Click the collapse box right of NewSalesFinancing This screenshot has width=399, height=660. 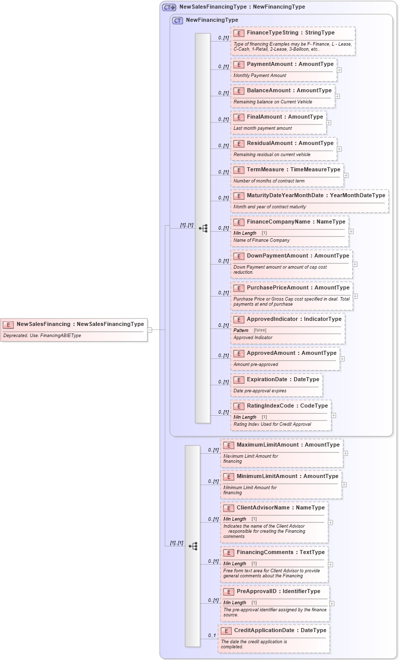[150, 329]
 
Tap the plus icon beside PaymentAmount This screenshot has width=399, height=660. [339, 70]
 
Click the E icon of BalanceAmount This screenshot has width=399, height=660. [239, 91]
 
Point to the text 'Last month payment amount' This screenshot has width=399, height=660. [263, 128]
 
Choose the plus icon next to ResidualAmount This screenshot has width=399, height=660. [339, 149]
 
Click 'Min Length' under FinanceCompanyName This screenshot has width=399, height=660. [245, 233]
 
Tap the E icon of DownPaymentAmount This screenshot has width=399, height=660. [239, 256]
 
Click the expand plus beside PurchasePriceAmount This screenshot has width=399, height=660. [355, 296]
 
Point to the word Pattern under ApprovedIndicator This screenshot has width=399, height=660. [241, 331]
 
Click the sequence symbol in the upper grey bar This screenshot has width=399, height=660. [203, 229]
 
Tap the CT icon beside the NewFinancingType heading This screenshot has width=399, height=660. [177, 21]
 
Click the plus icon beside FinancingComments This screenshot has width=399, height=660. [330, 564]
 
